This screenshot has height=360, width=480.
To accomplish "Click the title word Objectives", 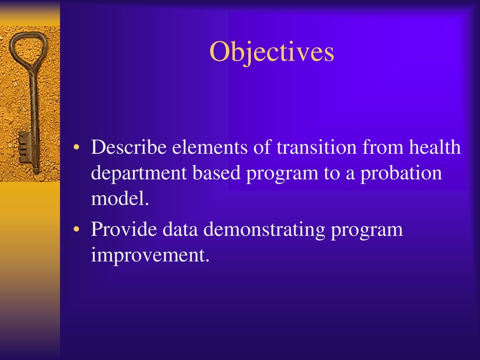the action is tap(272, 52).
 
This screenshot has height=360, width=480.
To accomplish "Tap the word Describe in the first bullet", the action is tap(128, 147).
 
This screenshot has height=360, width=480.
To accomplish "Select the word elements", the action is tap(210, 147).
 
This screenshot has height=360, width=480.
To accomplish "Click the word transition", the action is tap(316, 147).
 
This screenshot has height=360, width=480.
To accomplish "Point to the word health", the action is tap(435, 147).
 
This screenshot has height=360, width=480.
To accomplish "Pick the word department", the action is tap(139, 173).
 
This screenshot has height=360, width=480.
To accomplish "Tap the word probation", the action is tap(401, 173).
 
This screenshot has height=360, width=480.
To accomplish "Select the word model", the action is tap(120, 198).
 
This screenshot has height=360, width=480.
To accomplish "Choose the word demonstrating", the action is tap(264, 230).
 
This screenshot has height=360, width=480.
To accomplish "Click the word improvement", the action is tap(150, 255).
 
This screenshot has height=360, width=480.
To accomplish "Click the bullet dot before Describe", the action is tap(76, 147).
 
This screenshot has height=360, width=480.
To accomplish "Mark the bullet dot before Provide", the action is tap(76, 229).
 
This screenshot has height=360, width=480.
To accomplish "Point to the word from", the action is tap(383, 147).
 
